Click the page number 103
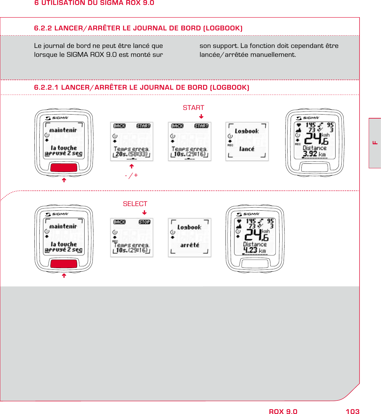[352, 412]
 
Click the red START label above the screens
[193, 108]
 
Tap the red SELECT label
[135, 204]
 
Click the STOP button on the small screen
[144, 222]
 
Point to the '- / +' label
[132, 175]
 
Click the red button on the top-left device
[64, 168]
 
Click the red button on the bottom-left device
[64, 264]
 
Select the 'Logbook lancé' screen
[247, 141]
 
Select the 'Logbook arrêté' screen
[190, 237]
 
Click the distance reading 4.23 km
[254, 250]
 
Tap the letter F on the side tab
[375, 143]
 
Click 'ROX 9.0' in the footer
[283, 412]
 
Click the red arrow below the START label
[201, 117]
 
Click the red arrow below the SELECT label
[144, 213]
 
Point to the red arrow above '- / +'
[132, 166]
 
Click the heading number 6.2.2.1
[46, 88]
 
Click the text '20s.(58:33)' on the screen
[132, 154]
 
